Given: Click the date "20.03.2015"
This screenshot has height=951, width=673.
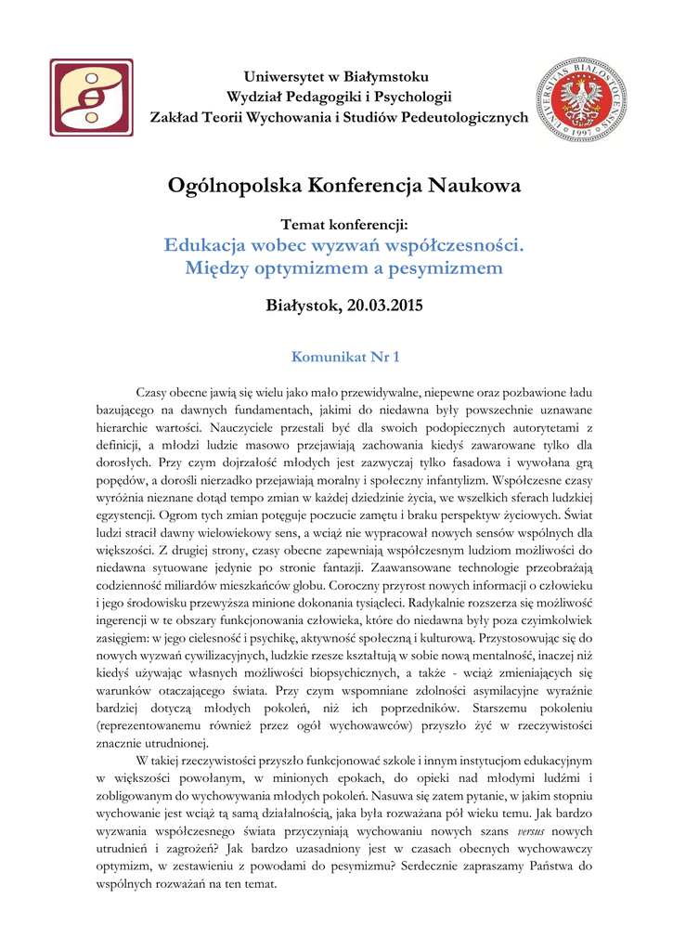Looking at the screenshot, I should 385,306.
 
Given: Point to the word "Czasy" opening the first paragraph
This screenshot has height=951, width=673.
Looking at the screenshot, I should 154,393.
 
